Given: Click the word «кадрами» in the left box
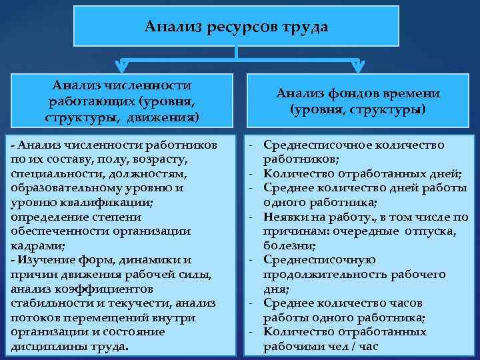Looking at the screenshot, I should pyautogui.click(x=31, y=245).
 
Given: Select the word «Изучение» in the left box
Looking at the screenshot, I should pyautogui.click(x=43, y=260).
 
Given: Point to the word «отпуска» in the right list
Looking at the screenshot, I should pyautogui.click(x=430, y=231).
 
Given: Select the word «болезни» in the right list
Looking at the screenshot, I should pyautogui.click(x=286, y=245).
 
